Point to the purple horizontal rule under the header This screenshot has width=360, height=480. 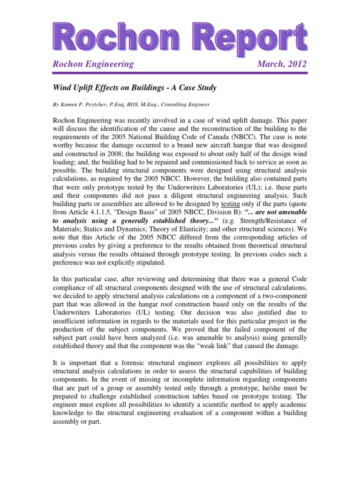pos(180,73)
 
